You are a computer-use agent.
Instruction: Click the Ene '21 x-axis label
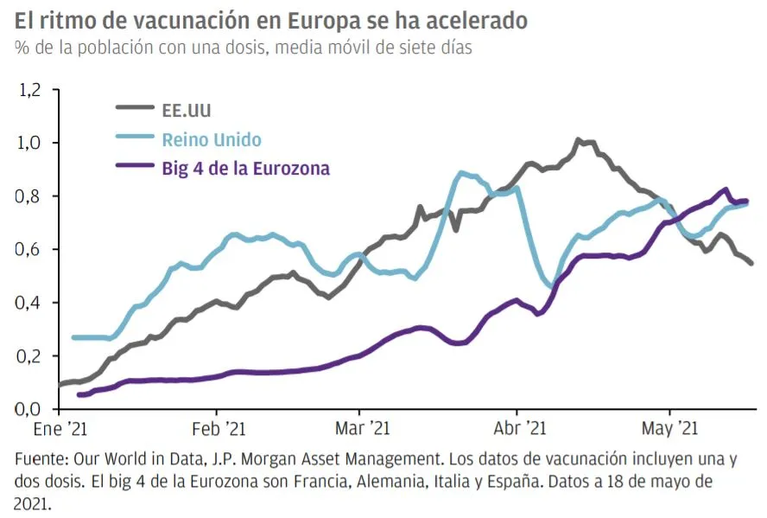[60, 428]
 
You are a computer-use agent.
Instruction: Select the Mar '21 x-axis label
[361, 428]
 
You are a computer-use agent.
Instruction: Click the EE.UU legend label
[187, 110]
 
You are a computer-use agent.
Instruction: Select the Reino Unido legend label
[212, 139]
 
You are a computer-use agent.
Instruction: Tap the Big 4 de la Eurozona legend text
[246, 169]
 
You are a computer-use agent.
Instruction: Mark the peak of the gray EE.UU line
[579, 140]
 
